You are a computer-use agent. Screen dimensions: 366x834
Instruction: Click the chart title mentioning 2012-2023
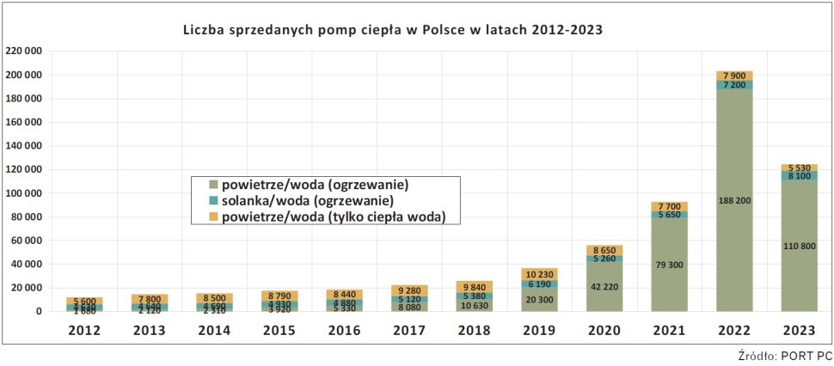tap(392, 29)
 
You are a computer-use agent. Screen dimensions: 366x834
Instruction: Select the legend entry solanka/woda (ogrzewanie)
tap(307, 200)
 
